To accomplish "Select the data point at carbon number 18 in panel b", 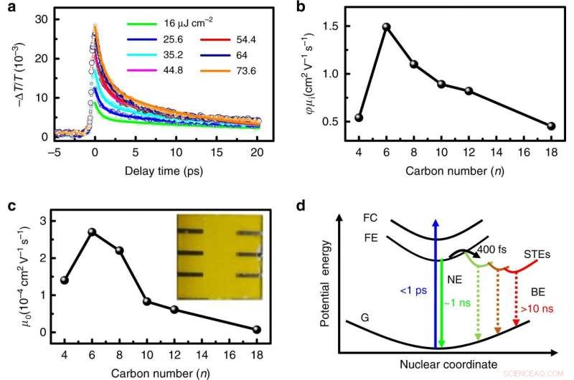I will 550,126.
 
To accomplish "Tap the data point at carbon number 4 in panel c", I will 65,280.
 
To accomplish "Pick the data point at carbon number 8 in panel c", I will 119,250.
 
